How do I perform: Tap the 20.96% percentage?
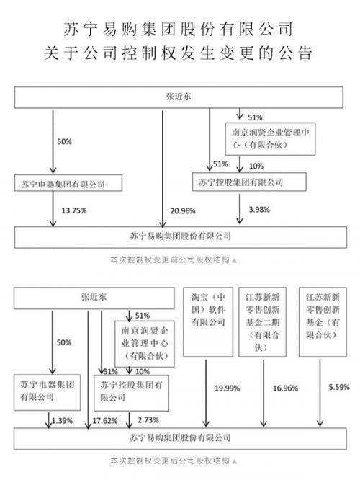181,210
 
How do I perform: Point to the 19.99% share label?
226,390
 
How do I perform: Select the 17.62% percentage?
102,419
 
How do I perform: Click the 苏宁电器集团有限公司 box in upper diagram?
64,184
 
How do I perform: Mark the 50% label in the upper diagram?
64,142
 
